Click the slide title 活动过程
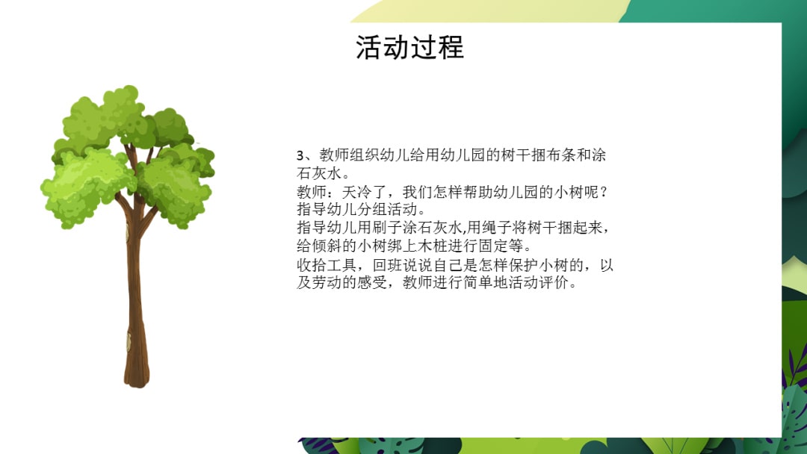(x=409, y=47)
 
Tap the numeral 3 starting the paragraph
(x=300, y=156)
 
